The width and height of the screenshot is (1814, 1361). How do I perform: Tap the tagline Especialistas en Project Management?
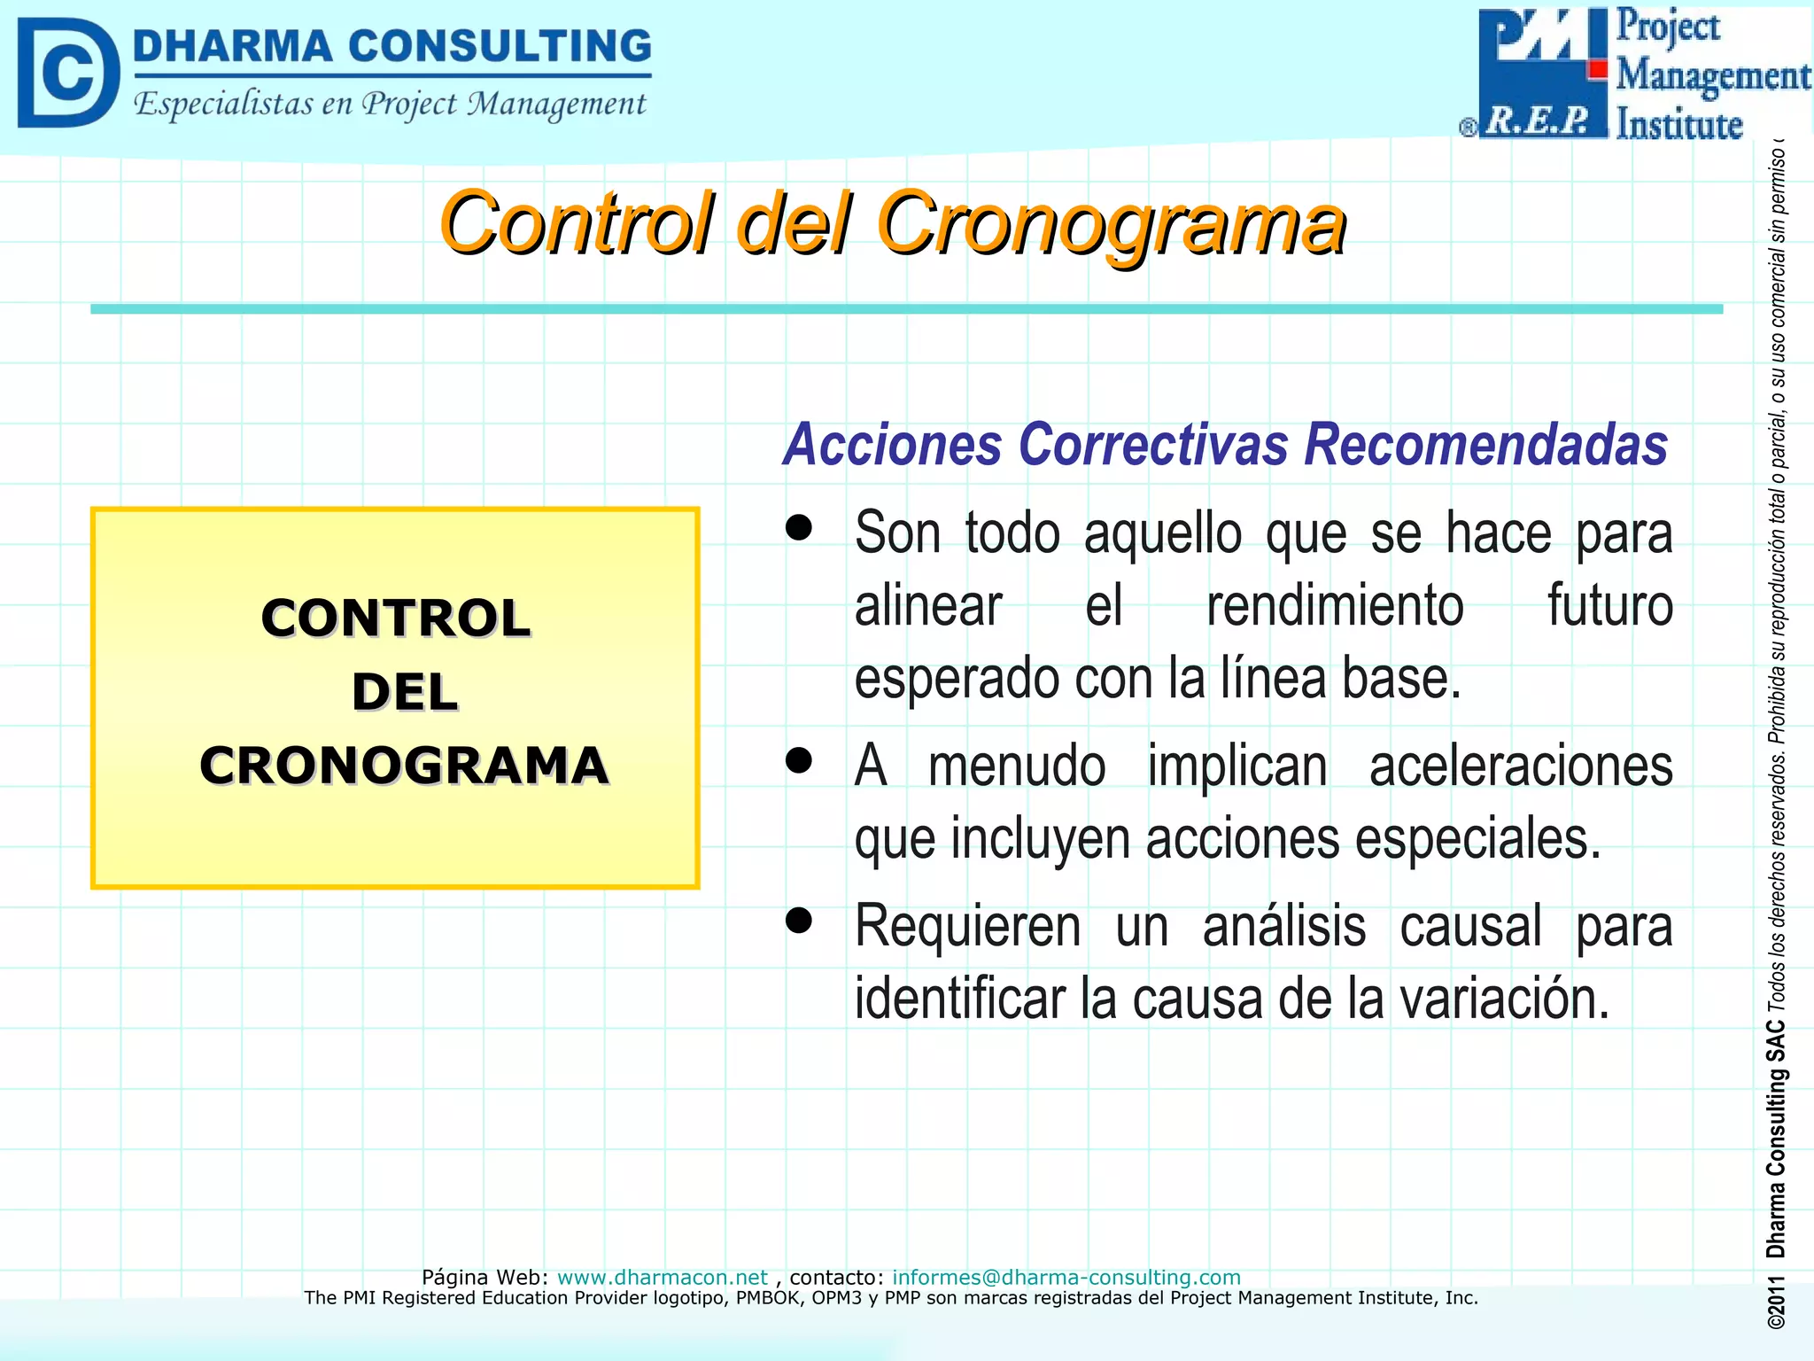pyautogui.click(x=390, y=105)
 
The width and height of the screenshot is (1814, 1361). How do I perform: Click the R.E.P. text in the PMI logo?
pyautogui.click(x=1539, y=121)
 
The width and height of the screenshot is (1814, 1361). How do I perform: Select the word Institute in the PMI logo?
pyautogui.click(x=1678, y=124)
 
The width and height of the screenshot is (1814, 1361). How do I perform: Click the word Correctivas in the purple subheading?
pyautogui.click(x=1153, y=444)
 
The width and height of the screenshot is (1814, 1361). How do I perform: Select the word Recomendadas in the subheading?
pyautogui.click(x=1485, y=444)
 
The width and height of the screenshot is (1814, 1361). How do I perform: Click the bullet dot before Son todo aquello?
pyautogui.click(x=799, y=528)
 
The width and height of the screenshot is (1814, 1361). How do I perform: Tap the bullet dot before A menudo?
pyautogui.click(x=799, y=760)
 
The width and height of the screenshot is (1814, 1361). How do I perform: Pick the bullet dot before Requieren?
pyautogui.click(x=799, y=921)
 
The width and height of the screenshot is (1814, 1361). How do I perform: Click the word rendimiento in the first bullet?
pyautogui.click(x=1334, y=606)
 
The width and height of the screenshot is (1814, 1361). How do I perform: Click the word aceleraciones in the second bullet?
pyautogui.click(x=1520, y=766)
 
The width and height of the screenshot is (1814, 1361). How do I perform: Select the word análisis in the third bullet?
pyautogui.click(x=1283, y=926)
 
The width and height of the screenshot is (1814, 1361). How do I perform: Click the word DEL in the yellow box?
pyautogui.click(x=405, y=692)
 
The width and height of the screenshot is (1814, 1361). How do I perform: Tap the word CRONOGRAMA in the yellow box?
pyautogui.click(x=404, y=766)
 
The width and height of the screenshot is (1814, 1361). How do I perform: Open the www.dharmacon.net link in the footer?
pyautogui.click(x=662, y=1277)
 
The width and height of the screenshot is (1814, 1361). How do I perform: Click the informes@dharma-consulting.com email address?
pyautogui.click(x=1066, y=1277)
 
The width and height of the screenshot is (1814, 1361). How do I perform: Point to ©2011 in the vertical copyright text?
pyautogui.click(x=1775, y=1302)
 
